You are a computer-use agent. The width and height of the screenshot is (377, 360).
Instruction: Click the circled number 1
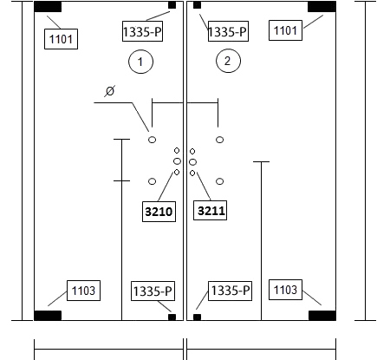[x=140, y=62]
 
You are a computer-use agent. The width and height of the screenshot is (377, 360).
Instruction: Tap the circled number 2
[x=228, y=61]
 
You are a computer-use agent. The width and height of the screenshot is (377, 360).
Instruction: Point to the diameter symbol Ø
[x=110, y=91]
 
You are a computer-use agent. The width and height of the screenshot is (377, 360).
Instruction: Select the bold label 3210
[x=159, y=212]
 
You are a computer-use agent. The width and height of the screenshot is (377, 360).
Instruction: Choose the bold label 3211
[x=210, y=210]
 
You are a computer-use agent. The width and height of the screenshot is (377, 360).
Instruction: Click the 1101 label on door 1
[x=61, y=39]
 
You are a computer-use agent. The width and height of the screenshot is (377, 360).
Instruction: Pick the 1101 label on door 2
[x=285, y=30]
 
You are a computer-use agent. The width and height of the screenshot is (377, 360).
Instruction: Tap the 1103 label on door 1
[x=83, y=291]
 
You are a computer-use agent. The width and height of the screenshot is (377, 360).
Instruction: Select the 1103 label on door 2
[x=285, y=290]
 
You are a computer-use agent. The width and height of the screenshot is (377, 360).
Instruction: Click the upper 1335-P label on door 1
[x=142, y=31]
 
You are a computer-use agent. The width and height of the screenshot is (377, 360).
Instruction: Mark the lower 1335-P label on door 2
[x=230, y=291]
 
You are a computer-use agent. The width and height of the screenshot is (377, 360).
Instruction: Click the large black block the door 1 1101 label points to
[x=48, y=7]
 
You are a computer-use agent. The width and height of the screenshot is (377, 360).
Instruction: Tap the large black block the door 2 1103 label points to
[x=322, y=316]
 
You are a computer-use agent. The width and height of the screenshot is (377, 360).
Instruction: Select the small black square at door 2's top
[x=197, y=5]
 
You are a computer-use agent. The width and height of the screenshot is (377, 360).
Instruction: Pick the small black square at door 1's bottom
[x=172, y=317]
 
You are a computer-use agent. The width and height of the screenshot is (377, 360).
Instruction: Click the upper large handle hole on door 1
[x=152, y=140]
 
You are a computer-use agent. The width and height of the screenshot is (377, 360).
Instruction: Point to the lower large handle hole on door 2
[x=219, y=181]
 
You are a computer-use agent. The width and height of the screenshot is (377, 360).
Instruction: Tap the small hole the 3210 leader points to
[x=177, y=173]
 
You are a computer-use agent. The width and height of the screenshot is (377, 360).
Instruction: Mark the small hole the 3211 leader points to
[x=192, y=173]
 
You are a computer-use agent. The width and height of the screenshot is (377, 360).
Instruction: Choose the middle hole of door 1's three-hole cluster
[x=177, y=161]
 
